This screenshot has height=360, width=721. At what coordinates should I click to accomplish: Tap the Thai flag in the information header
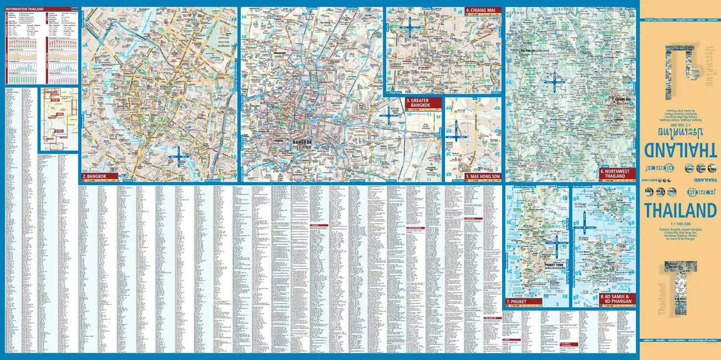coord(74,9)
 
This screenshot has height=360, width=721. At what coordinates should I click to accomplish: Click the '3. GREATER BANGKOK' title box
coord(423,102)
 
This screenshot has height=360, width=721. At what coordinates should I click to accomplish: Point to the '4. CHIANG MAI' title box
coord(482,10)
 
